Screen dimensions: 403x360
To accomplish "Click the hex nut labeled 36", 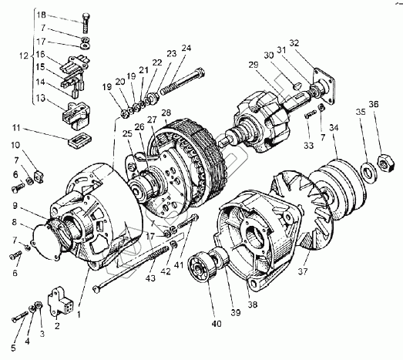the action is click(385, 163).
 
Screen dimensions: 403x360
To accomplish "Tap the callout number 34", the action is click(334, 127).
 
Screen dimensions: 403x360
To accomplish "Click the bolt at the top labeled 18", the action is click(86, 22).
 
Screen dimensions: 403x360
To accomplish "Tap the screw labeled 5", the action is click(20, 317).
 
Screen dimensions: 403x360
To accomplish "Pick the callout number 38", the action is click(253, 304).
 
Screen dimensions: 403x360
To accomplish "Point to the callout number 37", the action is click(303, 271).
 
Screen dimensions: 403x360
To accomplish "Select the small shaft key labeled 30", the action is click(296, 86).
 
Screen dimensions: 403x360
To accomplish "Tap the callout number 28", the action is click(166, 113).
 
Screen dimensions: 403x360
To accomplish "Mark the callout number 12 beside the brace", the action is click(24, 56).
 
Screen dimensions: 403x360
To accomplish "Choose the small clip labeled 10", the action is click(39, 176).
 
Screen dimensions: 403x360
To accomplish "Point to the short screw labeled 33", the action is click(311, 113).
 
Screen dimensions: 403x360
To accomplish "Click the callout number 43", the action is click(150, 278).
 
